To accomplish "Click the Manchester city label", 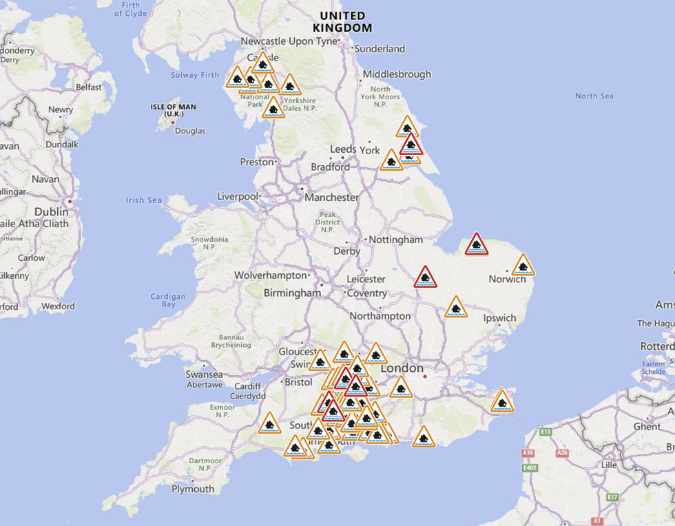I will tap(333, 198).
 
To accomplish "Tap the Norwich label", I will tap(508, 279).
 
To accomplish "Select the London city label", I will tap(402, 368).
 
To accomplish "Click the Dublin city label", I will tap(52, 212).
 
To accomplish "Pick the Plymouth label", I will tap(193, 489).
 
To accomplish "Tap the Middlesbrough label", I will tap(397, 74).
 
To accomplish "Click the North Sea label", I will tap(594, 96).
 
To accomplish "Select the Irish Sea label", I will tap(143, 200).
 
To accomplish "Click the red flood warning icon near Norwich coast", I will tap(476, 244).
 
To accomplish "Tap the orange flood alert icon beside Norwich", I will tap(523, 265).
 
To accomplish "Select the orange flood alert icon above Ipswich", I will tap(455, 307).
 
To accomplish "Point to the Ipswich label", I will tap(499, 318).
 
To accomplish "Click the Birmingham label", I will tap(292, 293).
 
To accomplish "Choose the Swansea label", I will tap(205, 374).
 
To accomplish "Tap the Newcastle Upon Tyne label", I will tap(289, 41).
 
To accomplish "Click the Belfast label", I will tap(89, 87).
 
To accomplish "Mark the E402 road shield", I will tap(530, 468).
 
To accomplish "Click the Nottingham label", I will tap(396, 240).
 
